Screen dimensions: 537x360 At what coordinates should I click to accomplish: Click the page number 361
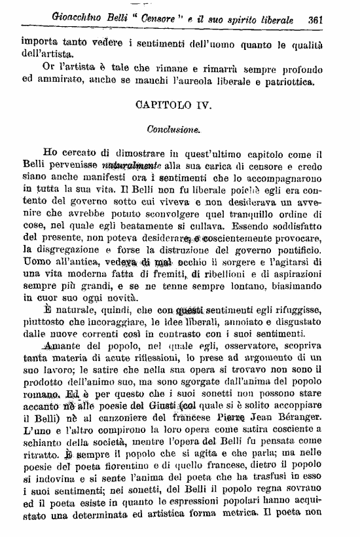tap(316, 19)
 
